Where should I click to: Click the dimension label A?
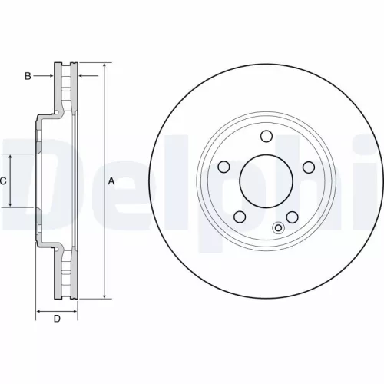pyautogui.click(x=111, y=181)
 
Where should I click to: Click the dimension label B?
pyautogui.click(x=28, y=75)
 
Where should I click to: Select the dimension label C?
pyautogui.click(x=3, y=181)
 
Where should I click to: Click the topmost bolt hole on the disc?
pyautogui.click(x=266, y=137)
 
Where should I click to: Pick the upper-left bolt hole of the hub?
pyautogui.click(x=224, y=166)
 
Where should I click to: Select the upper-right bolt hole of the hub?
pyautogui.click(x=308, y=167)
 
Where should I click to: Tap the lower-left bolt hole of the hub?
pyautogui.click(x=240, y=216)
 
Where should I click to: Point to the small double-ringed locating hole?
pyautogui.click(x=279, y=227)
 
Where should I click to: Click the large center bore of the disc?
pyautogui.click(x=266, y=181)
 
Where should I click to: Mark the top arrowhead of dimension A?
pyautogui.click(x=104, y=64)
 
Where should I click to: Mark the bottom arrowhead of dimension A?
pyautogui.click(x=104, y=296)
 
